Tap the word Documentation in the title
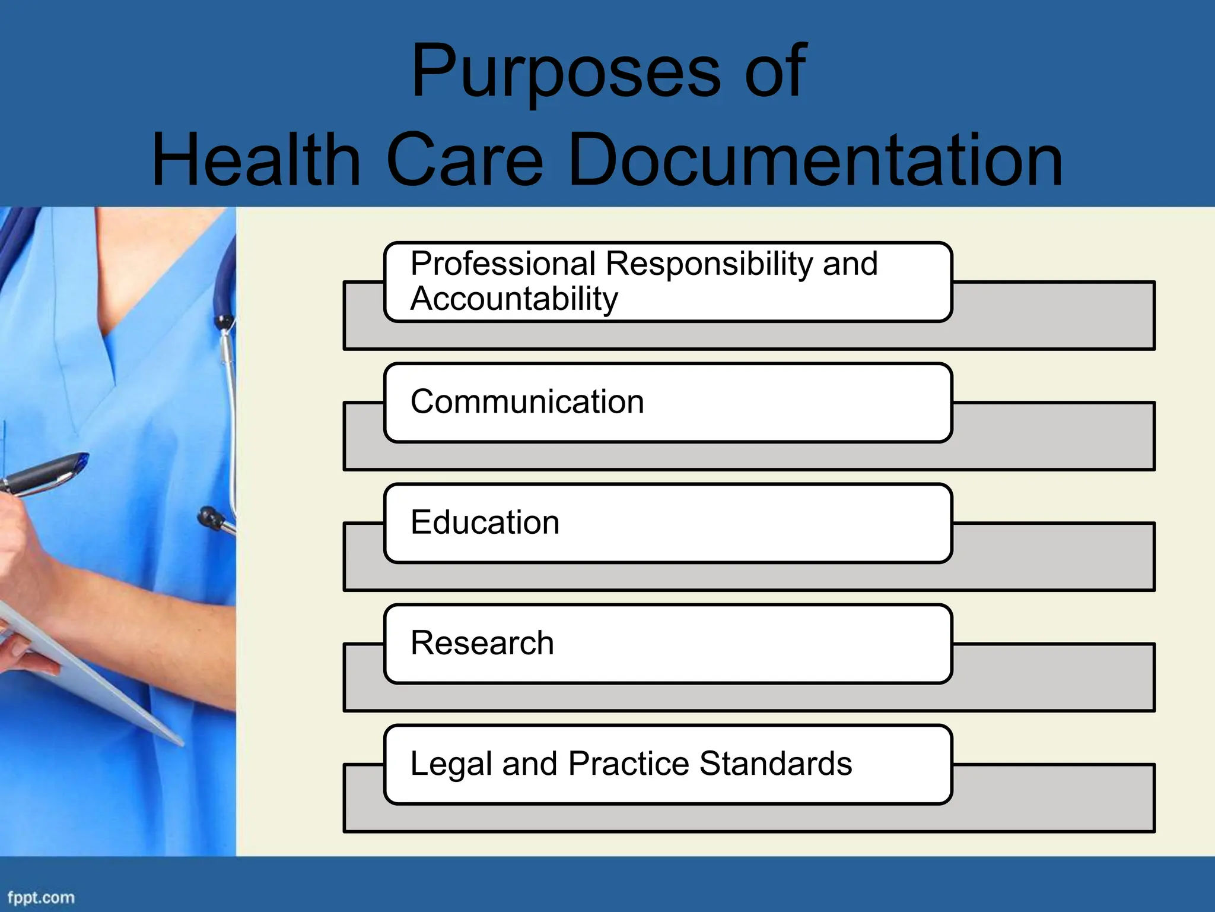815,160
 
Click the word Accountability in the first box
514,299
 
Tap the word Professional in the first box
503,264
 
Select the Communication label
527,402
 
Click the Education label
485,522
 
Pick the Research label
482,643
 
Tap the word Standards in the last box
775,764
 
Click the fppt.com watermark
41,897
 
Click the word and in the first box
850,264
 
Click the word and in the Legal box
529,764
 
